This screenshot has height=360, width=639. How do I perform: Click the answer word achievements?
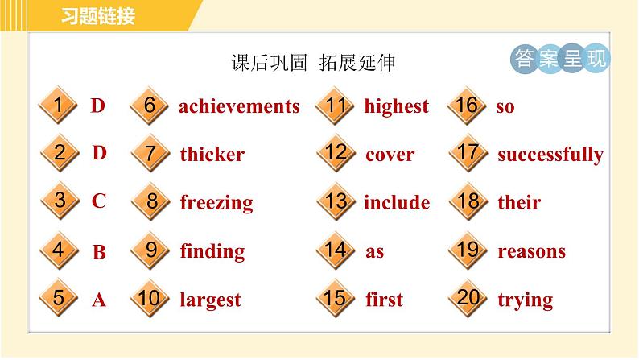(239, 106)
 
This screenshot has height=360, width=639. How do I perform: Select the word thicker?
(212, 154)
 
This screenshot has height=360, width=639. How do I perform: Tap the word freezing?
(216, 203)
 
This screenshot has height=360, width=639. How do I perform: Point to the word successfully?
(550, 155)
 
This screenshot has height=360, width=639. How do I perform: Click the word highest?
(397, 106)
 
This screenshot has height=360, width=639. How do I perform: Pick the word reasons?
(532, 251)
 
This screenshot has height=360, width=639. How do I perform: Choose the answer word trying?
(526, 300)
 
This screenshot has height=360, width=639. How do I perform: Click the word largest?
(210, 300)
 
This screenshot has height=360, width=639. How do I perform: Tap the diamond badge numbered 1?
(58, 105)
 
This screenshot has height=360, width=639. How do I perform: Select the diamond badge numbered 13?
(336, 201)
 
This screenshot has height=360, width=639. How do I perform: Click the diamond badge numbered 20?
(468, 298)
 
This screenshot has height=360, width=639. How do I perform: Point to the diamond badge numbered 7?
(150, 153)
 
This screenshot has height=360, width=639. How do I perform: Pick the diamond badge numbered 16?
(467, 106)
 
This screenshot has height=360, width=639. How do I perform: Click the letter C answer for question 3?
(99, 201)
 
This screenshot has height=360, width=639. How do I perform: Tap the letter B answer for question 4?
(99, 251)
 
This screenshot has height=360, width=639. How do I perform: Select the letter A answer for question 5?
(99, 300)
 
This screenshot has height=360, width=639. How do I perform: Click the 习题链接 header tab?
(98, 16)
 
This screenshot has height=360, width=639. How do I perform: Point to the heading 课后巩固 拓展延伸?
(313, 63)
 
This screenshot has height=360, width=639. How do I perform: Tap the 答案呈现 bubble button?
(560, 58)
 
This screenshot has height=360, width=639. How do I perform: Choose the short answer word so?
(505, 107)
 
